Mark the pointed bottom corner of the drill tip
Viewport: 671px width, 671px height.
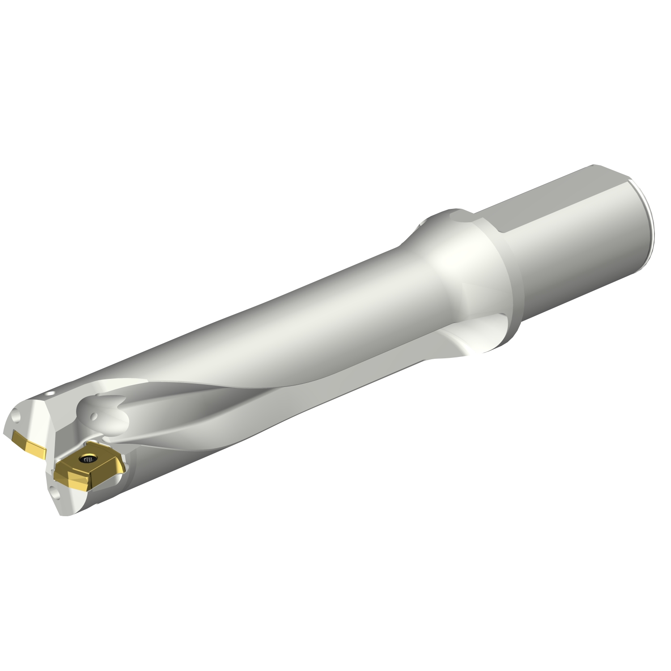click(63, 514)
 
